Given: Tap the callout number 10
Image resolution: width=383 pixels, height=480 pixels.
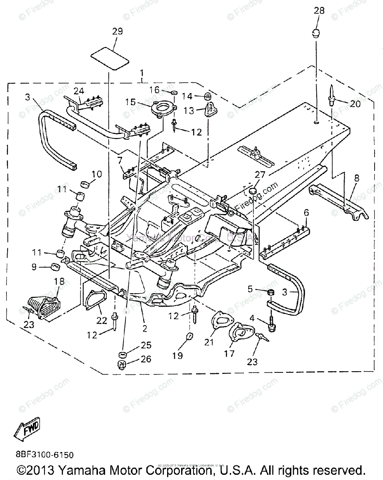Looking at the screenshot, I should (97, 174).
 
